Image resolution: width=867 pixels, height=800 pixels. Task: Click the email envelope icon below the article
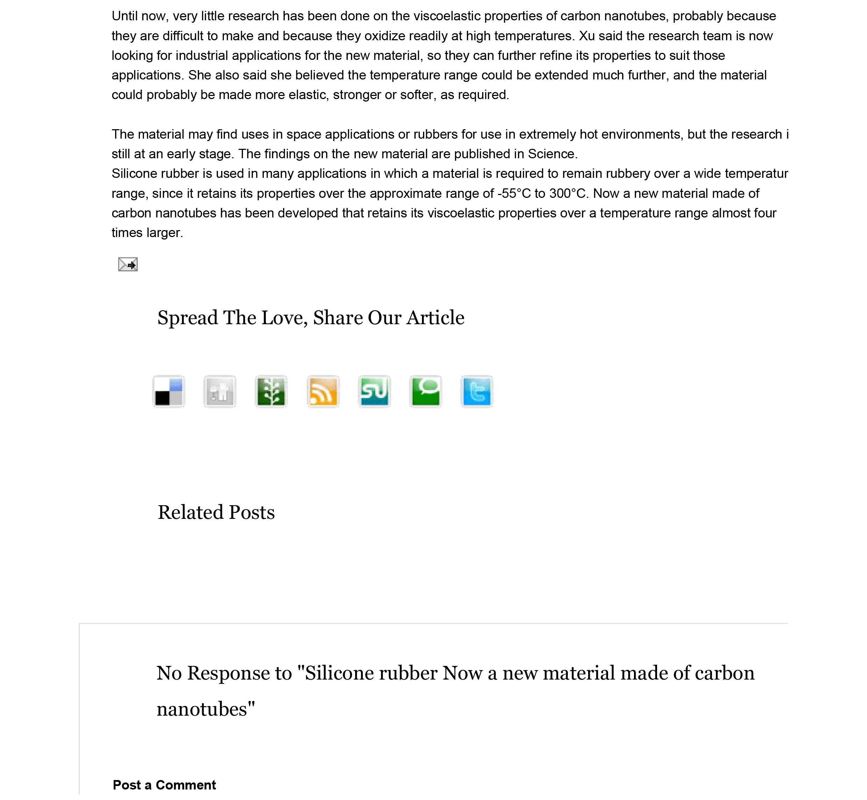pos(128,264)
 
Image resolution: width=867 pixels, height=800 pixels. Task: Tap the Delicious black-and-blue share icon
pos(169,391)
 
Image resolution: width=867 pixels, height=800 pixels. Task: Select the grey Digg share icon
pos(220,391)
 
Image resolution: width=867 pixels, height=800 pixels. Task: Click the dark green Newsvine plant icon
pos(271,391)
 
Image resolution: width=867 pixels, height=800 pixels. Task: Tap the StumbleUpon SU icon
pos(375,391)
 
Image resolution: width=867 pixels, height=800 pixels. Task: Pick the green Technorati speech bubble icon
pos(426,391)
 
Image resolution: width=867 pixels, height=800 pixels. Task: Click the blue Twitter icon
pos(477,391)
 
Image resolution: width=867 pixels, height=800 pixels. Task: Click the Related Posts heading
pos(216,512)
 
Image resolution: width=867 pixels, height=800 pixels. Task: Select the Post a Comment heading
pos(164,785)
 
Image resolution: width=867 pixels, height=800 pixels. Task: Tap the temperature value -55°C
pos(514,194)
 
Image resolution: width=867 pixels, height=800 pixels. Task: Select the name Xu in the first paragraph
pos(587,36)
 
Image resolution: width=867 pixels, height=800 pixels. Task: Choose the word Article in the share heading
pos(436,318)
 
